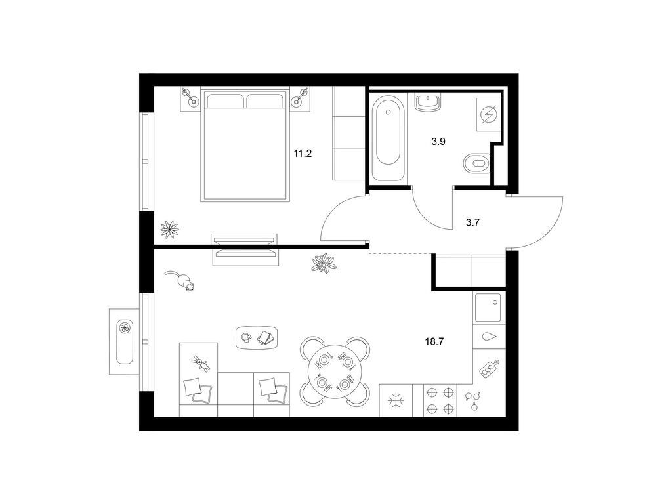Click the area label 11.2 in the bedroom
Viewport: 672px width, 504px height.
click(303, 154)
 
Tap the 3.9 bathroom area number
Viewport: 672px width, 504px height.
click(438, 142)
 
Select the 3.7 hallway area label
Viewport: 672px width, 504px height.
click(472, 222)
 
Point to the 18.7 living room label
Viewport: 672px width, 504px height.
click(434, 341)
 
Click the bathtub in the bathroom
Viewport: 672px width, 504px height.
click(388, 138)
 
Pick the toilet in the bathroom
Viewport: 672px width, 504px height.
click(477, 163)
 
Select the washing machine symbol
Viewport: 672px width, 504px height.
click(489, 114)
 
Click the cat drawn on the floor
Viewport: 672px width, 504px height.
click(180, 281)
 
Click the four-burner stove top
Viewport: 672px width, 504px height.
click(440, 400)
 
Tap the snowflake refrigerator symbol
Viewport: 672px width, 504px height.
click(396, 401)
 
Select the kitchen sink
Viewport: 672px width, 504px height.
click(488, 308)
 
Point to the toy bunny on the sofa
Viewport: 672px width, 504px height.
click(201, 364)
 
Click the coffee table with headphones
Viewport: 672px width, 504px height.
click(257, 338)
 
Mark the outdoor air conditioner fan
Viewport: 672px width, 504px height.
click(124, 328)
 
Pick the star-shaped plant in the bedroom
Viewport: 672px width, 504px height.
click(169, 229)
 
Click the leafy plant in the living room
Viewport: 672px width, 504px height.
click(323, 262)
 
